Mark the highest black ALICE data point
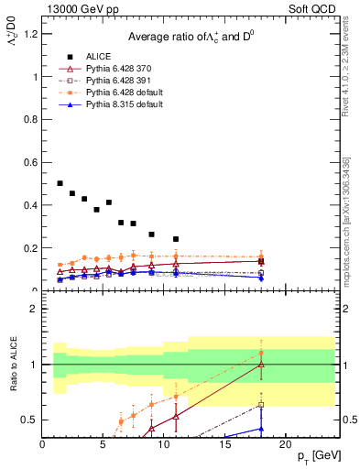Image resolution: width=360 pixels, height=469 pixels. coord(60,183)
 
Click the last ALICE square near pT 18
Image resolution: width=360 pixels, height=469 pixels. coord(261,261)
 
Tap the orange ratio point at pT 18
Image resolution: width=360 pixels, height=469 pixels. coord(261,353)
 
